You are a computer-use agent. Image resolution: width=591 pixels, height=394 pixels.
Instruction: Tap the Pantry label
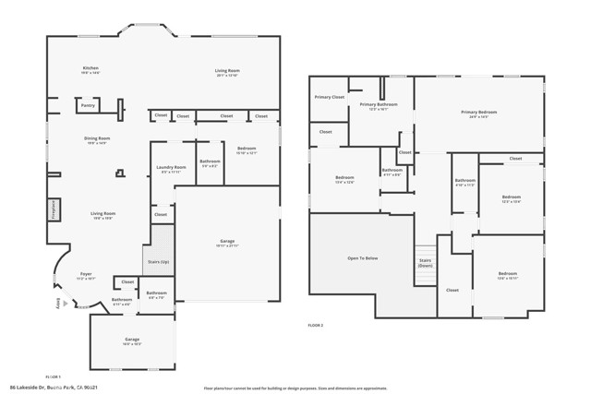pyautogui.click(x=88, y=106)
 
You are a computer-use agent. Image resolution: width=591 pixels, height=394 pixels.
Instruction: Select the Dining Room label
pyautogui.click(x=97, y=140)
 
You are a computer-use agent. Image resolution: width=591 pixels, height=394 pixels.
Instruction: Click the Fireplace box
pyautogui.click(x=53, y=209)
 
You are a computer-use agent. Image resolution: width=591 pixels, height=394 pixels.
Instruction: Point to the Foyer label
pyautogui.click(x=86, y=275)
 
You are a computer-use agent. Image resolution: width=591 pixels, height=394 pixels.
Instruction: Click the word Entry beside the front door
pyautogui.click(x=57, y=303)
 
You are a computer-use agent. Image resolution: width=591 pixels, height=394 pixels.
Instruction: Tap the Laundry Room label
pyautogui.click(x=172, y=169)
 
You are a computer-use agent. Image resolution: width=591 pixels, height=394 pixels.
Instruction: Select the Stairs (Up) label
pyautogui.click(x=158, y=261)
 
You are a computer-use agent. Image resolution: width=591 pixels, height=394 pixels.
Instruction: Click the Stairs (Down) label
pyautogui.click(x=426, y=262)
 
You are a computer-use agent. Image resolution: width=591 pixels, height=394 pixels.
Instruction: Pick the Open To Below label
pyautogui.click(x=362, y=258)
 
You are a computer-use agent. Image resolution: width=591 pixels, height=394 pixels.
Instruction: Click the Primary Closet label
pyautogui.click(x=329, y=97)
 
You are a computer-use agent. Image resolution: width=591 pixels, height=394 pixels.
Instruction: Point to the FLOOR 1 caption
pyautogui.click(x=54, y=376)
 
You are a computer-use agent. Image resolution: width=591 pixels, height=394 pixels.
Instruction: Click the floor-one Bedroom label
pyautogui.click(x=247, y=149)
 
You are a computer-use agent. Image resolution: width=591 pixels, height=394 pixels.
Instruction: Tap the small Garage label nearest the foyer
pyautogui.click(x=132, y=340)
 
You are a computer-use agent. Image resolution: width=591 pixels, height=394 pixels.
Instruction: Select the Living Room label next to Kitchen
pyautogui.click(x=227, y=72)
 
